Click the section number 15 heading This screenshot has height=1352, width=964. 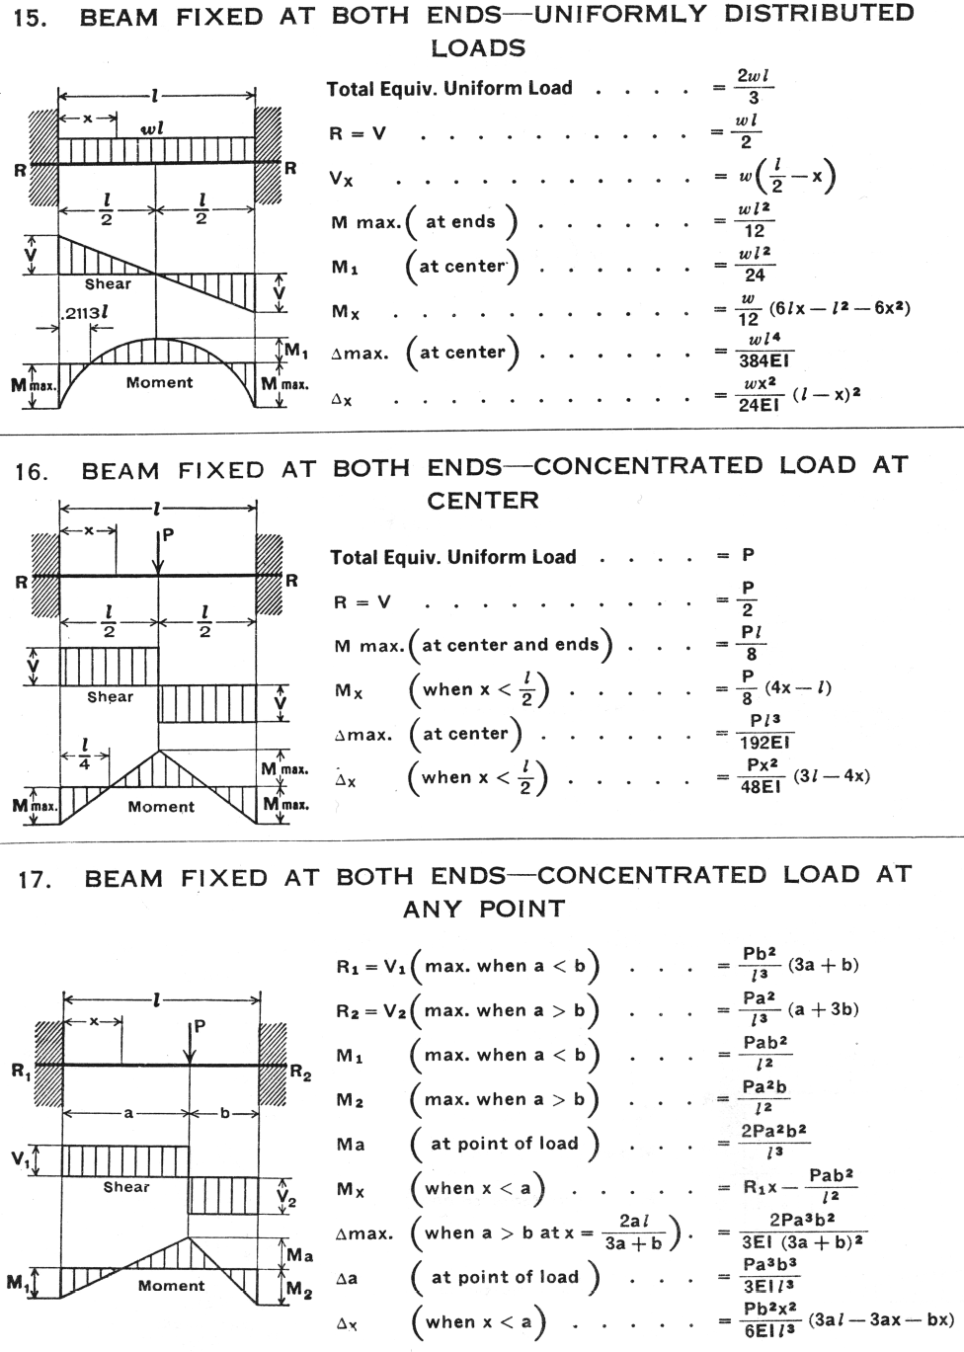coord(31,19)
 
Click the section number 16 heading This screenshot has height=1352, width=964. coord(31,471)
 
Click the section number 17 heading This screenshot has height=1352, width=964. coord(35,879)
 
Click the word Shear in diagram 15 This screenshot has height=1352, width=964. coord(108,284)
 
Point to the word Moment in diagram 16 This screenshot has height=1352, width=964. coord(161,807)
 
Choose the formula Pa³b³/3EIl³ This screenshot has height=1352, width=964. coord(769,1274)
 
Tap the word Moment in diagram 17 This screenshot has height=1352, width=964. coord(171,1286)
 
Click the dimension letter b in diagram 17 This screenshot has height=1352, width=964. coord(224,1113)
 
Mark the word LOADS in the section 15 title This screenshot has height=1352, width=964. coord(478,48)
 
